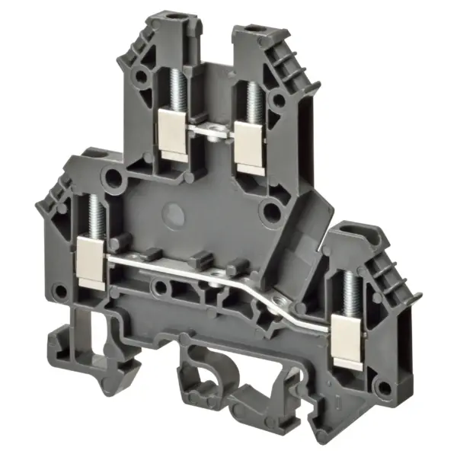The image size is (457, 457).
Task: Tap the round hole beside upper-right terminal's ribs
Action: [x=280, y=100]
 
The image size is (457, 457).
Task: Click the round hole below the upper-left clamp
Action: [x=114, y=180]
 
